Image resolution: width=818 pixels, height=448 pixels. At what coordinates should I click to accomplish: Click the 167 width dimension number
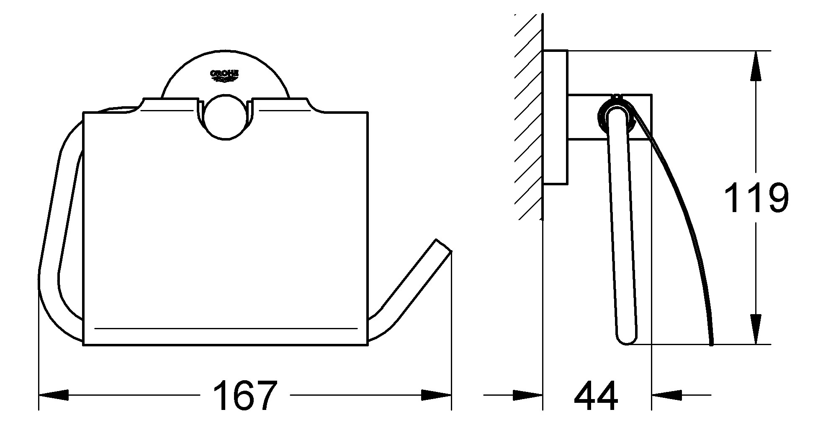(x=245, y=395)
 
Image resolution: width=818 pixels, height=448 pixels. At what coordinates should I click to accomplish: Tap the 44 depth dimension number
(x=596, y=395)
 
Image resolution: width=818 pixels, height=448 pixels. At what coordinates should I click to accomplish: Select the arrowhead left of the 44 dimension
(x=528, y=394)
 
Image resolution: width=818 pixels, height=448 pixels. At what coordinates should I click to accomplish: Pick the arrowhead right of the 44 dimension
(x=666, y=394)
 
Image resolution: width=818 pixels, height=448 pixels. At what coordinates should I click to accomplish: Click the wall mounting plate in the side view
(x=555, y=117)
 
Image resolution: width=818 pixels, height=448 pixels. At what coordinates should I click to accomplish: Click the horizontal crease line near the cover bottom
(x=226, y=328)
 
